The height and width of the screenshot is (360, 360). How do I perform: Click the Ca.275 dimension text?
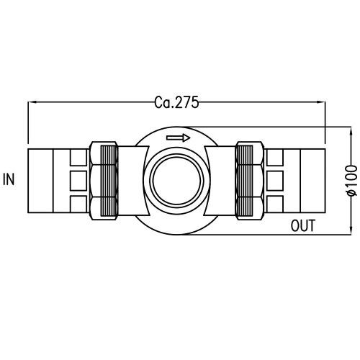[x=176, y=102]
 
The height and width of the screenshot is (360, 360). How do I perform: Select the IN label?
[x=9, y=179]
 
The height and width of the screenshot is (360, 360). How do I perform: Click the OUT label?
[x=304, y=225]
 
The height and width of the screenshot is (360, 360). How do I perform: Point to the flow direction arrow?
[x=177, y=138]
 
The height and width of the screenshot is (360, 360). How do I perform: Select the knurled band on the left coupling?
[x=109, y=179]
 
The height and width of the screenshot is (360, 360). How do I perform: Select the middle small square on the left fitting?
[x=78, y=179]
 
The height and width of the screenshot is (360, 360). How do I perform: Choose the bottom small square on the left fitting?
[x=78, y=202]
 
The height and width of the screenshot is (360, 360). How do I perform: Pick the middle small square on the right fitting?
[x=276, y=179]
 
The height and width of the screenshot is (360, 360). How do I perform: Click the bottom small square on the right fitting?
[x=276, y=202]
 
